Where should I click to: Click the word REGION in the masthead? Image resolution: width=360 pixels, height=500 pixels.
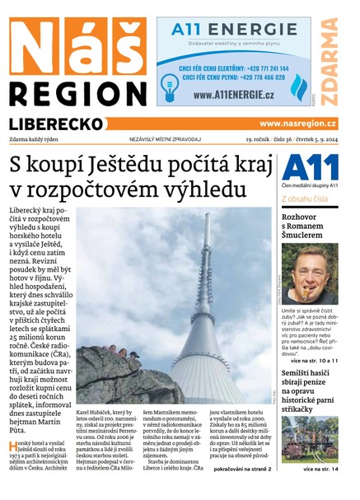point(78,92)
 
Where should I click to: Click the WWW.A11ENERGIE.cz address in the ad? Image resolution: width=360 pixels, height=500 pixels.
point(233,95)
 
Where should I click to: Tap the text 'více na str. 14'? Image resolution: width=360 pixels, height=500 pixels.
point(320,469)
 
